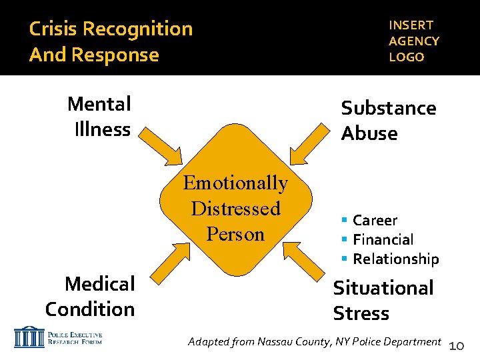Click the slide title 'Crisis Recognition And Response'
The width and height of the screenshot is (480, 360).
pyautogui.click(x=111, y=41)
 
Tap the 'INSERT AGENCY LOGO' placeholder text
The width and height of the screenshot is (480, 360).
pyautogui.click(x=413, y=41)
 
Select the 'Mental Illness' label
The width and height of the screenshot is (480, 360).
pyautogui.click(x=100, y=116)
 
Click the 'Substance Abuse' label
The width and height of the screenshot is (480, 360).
pyautogui.click(x=388, y=121)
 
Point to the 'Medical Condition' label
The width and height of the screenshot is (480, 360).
pyautogui.click(x=91, y=296)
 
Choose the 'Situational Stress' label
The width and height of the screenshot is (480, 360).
pyautogui.click(x=383, y=300)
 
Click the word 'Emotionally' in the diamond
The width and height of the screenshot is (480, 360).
pyautogui.click(x=235, y=183)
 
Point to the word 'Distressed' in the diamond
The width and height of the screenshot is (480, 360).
pyautogui.click(x=235, y=208)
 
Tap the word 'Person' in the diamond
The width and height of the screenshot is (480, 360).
pyautogui.click(x=235, y=234)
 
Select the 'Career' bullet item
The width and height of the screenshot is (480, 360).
pyautogui.click(x=375, y=220)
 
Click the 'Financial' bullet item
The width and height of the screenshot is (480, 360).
pyautogui.click(x=383, y=239)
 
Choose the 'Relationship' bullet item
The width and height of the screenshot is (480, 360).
pyautogui.click(x=395, y=259)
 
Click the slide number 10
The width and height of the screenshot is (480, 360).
pyautogui.click(x=457, y=345)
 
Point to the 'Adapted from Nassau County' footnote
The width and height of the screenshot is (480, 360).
pyautogui.click(x=314, y=342)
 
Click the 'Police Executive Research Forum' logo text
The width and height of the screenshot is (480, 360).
pyautogui.click(x=75, y=337)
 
